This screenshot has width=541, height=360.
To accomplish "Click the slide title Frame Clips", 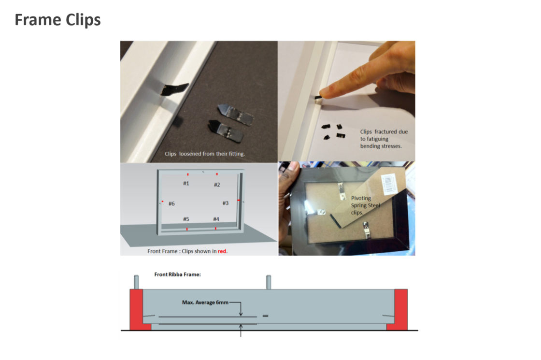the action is click(57, 20).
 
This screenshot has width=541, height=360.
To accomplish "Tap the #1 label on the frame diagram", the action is click(186, 183).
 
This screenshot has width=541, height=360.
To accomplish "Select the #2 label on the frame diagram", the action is click(217, 185).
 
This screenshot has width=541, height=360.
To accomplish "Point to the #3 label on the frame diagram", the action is click(225, 203).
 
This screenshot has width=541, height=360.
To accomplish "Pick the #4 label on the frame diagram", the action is click(216, 219).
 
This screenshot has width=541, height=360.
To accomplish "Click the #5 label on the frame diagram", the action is click(186, 219).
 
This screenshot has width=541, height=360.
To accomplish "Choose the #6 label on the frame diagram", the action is click(171, 203).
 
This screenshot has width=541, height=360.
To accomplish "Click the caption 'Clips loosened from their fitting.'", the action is click(205, 154).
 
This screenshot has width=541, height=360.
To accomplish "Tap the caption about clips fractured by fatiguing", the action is click(384, 139).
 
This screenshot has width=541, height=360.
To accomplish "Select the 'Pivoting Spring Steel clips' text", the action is click(365, 205).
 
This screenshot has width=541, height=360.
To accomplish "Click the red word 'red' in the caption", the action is click(222, 251).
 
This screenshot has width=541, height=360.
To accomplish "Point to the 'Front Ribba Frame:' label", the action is click(177, 274).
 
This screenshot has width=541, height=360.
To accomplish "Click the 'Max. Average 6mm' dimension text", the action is click(205, 302).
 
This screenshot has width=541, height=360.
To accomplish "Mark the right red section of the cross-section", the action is click(399, 310).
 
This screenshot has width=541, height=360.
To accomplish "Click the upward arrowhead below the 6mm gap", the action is click(241, 326).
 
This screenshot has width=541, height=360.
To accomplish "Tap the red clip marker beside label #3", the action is click(239, 200).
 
